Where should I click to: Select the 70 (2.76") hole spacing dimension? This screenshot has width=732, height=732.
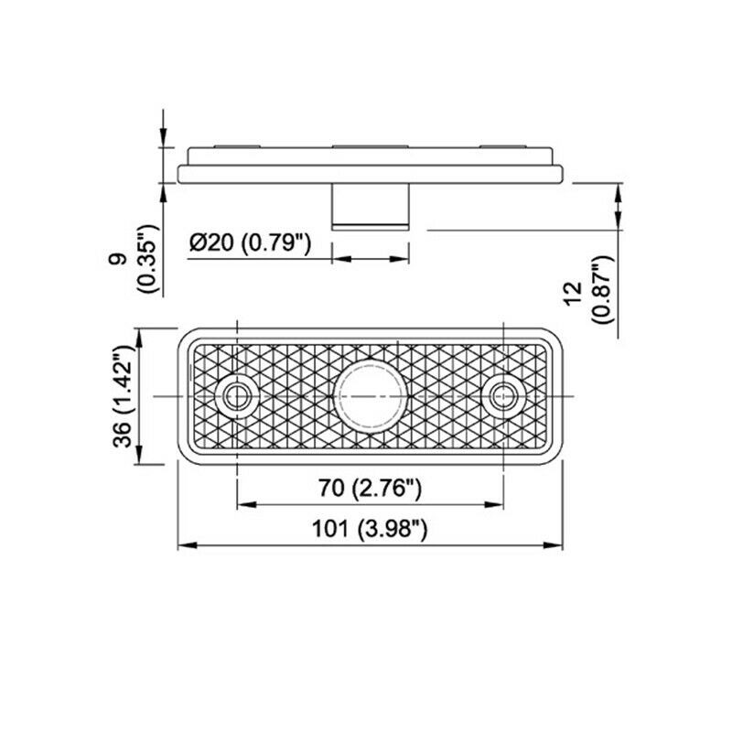click(371, 490)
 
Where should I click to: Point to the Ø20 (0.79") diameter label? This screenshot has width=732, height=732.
click(251, 243)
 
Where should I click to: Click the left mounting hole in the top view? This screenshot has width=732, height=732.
click(238, 396)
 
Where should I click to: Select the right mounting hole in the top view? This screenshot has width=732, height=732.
click(503, 396)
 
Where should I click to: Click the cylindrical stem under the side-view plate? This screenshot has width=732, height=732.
click(371, 205)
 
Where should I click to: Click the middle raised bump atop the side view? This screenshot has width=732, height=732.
click(371, 146)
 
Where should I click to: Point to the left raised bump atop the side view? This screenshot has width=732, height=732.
click(238, 146)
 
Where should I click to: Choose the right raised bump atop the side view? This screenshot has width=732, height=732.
click(503, 146)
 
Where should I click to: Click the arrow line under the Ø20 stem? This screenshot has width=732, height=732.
click(371, 260)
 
